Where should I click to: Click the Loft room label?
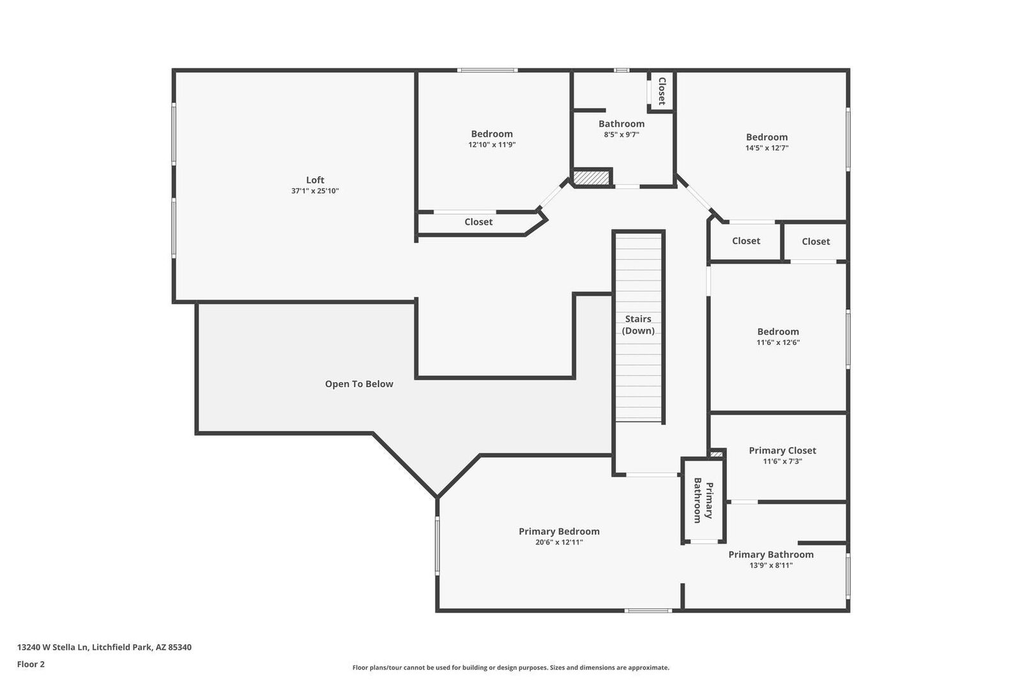[315, 180]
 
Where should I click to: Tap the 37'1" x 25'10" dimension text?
[315, 191]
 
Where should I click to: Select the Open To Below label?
[359, 384]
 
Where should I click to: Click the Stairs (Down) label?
[638, 325]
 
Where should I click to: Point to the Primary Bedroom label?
[559, 532]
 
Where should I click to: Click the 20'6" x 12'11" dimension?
[559, 542]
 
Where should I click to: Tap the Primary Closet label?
[782, 450]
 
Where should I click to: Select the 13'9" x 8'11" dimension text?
[771, 565]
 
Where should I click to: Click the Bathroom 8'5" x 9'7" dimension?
[622, 135]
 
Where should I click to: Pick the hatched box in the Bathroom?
[591, 178]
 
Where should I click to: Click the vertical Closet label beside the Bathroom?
[662, 91]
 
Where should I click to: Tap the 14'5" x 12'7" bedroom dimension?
[767, 148]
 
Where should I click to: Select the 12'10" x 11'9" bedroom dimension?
[492, 144]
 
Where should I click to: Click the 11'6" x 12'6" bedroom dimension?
[778, 342]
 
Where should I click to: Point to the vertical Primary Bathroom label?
[703, 500]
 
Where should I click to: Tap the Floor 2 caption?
[31, 664]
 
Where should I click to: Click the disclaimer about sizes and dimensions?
[510, 668]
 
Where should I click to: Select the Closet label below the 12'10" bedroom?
[478, 222]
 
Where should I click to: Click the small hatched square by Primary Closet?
[716, 454]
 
